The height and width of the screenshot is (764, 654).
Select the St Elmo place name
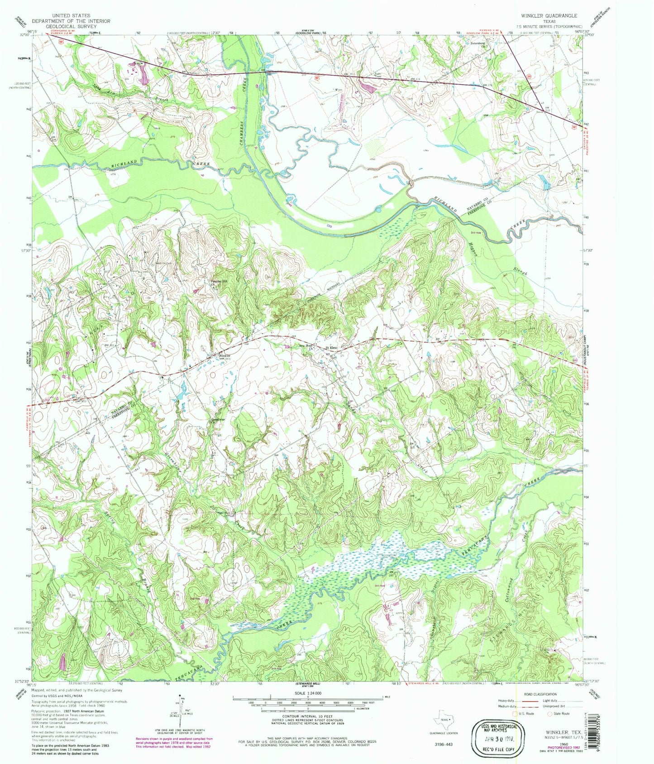pyautogui.click(x=332, y=348)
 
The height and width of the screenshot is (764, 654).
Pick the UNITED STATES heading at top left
pyautogui.click(x=71, y=15)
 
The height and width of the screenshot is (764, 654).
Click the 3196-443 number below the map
pyautogui.click(x=443, y=744)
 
